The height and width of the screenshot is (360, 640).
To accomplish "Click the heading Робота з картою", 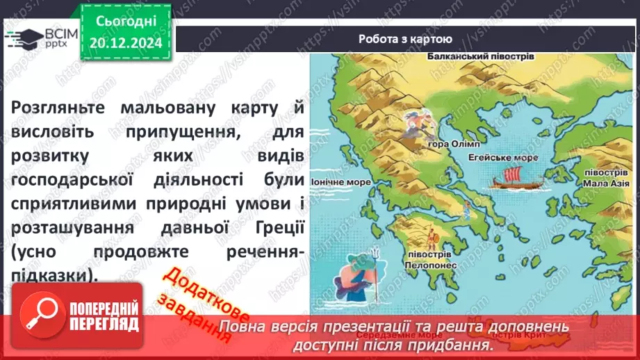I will (x=405, y=39).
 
